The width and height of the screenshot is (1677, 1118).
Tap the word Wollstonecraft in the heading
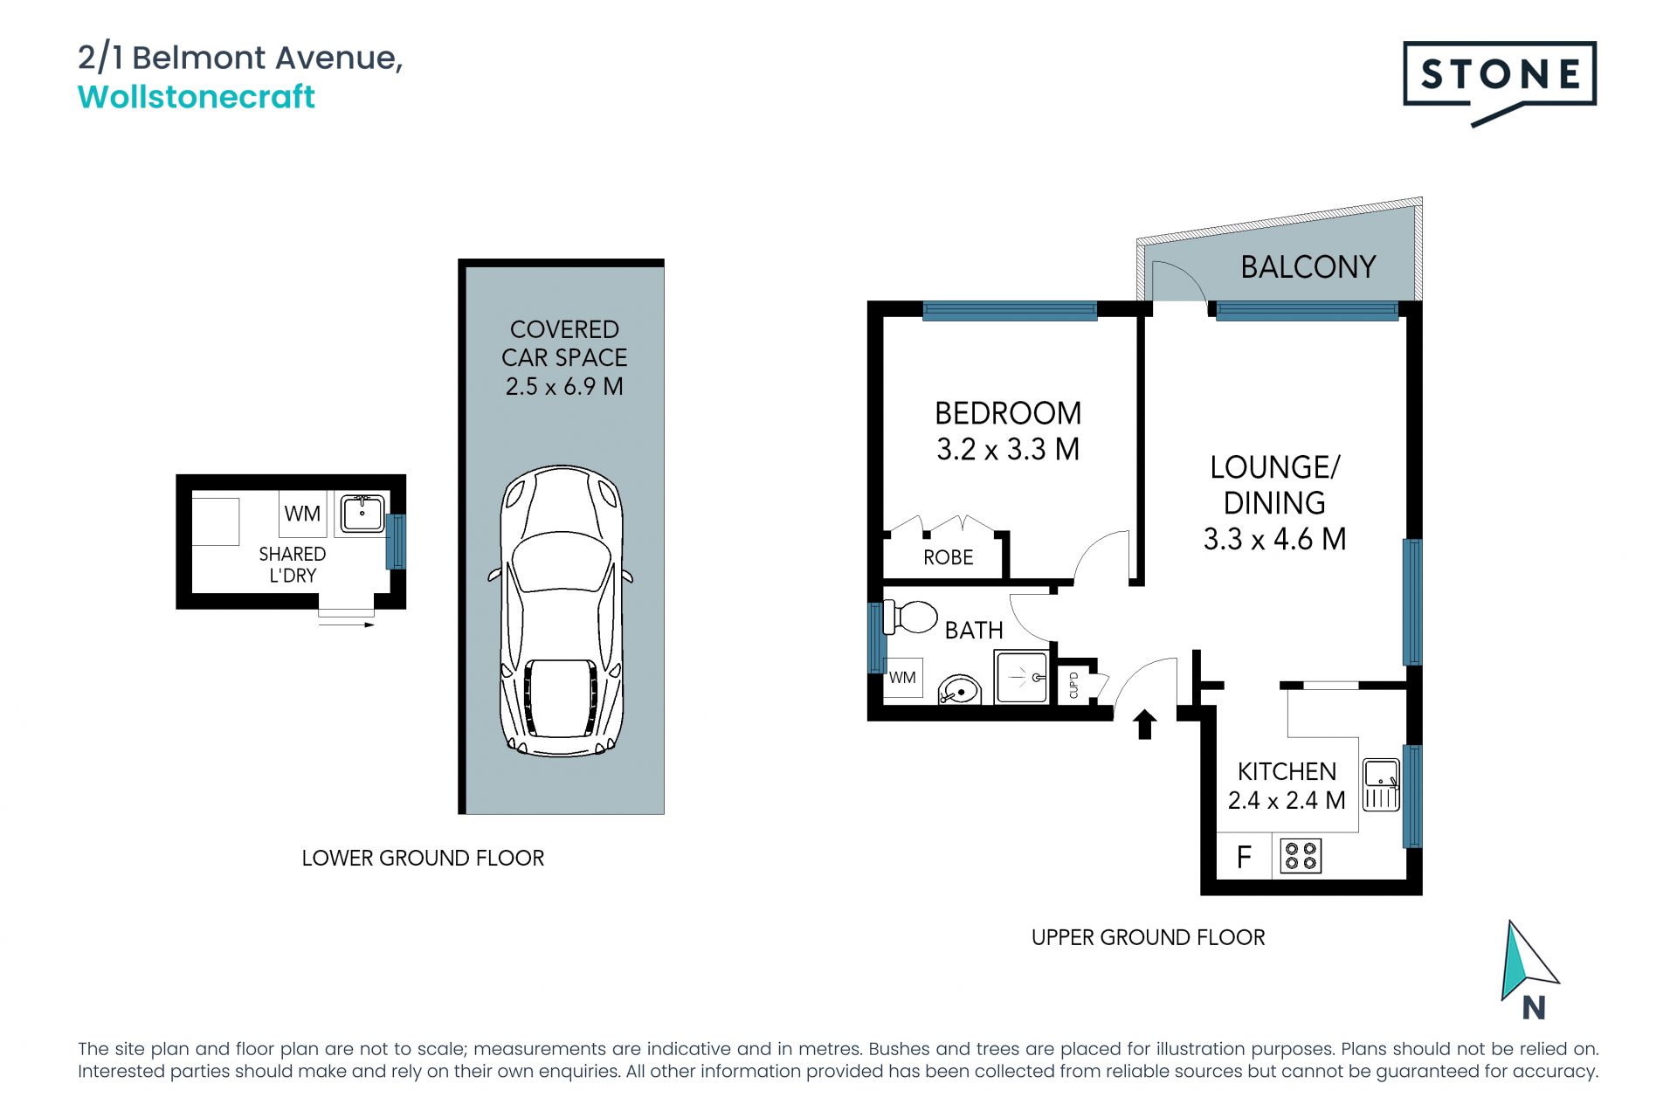click(197, 96)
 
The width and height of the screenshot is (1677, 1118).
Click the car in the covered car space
click(561, 611)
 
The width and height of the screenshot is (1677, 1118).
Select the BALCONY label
click(1308, 266)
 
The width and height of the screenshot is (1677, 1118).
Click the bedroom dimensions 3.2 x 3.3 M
click(1008, 449)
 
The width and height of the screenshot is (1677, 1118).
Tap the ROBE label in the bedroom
click(948, 557)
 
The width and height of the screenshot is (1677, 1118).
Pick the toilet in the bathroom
click(909, 616)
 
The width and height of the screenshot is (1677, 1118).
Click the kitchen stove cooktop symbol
click(1301, 856)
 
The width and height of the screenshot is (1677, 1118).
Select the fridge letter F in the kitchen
click(1244, 857)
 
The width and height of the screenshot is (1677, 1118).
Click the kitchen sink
click(1381, 783)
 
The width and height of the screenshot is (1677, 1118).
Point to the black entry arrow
click(1144, 724)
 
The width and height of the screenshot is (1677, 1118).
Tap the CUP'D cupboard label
click(1073, 685)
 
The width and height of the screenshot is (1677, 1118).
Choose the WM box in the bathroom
click(903, 678)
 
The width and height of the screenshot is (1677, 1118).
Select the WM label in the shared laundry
click(302, 514)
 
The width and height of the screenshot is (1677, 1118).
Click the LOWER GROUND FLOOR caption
click(423, 858)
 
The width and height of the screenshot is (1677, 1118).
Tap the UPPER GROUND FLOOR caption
click(1148, 937)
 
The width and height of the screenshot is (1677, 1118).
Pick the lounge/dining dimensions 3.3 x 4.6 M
click(1274, 539)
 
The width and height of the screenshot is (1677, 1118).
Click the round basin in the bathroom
click(960, 690)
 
